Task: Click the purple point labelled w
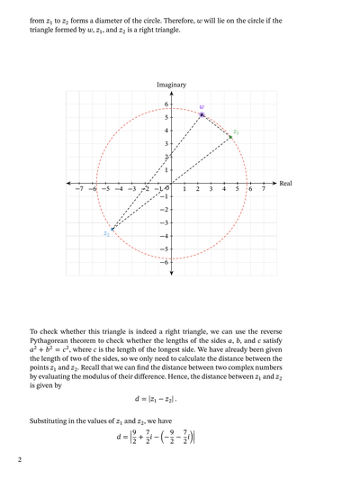tap(202, 115)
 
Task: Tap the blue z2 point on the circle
tap(112, 229)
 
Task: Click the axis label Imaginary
tap(171, 85)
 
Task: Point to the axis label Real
tap(286, 183)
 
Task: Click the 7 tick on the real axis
tap(263, 189)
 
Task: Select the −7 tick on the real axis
tap(79, 189)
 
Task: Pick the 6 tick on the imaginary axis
tap(166, 104)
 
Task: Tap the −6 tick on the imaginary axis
tap(164, 261)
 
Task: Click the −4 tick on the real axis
tap(118, 189)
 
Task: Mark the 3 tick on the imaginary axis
tap(166, 144)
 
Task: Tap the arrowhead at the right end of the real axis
tap(275, 183)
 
